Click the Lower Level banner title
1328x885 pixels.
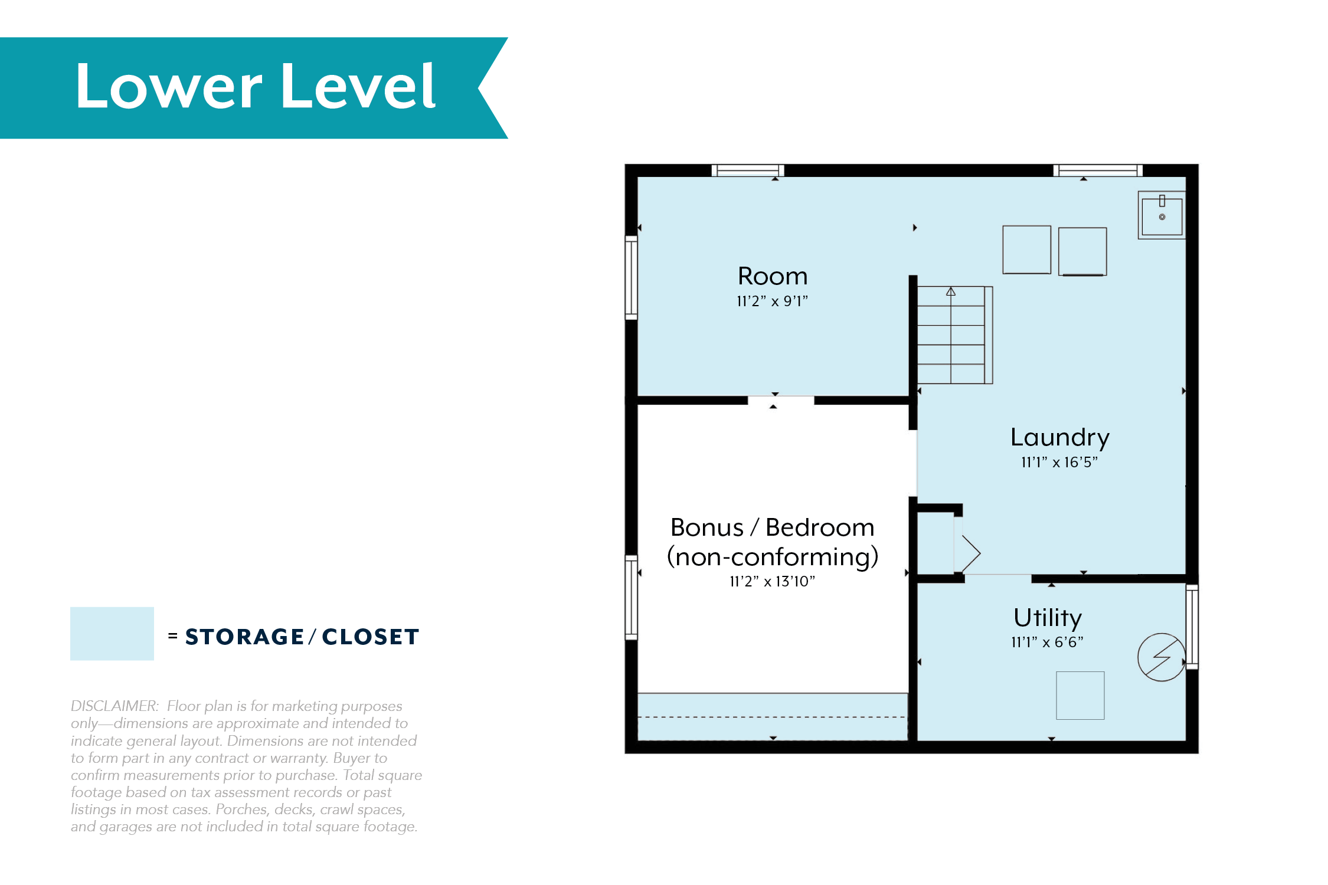pyautogui.click(x=256, y=87)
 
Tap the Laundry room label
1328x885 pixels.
pyautogui.click(x=1059, y=438)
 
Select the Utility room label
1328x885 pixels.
pyautogui.click(x=1048, y=618)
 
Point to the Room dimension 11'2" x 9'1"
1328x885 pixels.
pyautogui.click(x=772, y=301)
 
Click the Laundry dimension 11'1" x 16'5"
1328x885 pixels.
pyautogui.click(x=1059, y=462)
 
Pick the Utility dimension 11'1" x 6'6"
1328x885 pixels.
pyautogui.click(x=1048, y=642)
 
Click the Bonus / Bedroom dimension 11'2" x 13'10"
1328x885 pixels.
pyautogui.click(x=772, y=581)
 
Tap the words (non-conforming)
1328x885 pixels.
pyautogui.click(x=772, y=557)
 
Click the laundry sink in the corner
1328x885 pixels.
pyautogui.click(x=1162, y=215)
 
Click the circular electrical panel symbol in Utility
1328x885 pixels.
pyautogui.click(x=1162, y=657)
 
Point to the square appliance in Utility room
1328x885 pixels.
pyautogui.click(x=1080, y=696)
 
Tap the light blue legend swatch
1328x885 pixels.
pyautogui.click(x=112, y=634)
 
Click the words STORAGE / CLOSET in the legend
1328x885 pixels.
pyautogui.click(x=302, y=637)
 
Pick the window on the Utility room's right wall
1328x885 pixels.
pyautogui.click(x=1192, y=627)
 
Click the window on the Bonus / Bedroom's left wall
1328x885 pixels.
pyautogui.click(x=632, y=598)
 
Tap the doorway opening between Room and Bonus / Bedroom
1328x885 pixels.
pyautogui.click(x=781, y=401)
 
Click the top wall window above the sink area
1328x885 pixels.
pyautogui.click(x=1098, y=171)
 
